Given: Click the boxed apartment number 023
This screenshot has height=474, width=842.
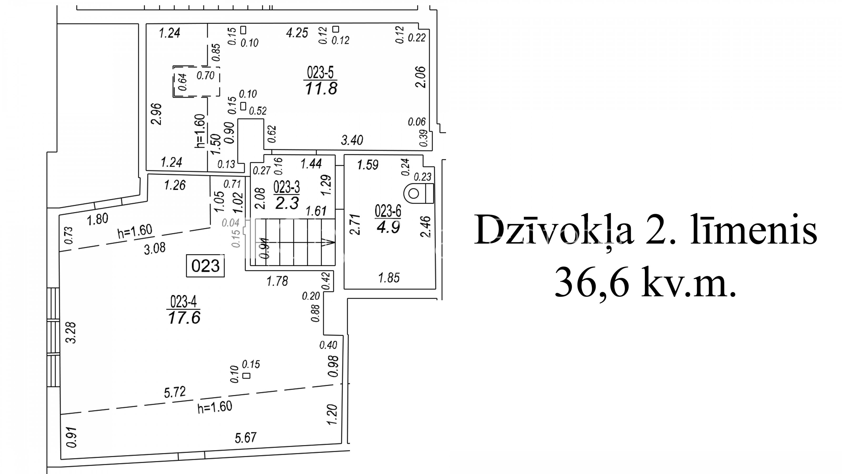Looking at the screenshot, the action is [x=205, y=266].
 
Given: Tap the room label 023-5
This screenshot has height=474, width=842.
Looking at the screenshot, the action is [x=320, y=72].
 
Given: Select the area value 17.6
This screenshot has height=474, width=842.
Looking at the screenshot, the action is [x=184, y=318].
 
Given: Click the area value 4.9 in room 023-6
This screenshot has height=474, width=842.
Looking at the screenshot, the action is [x=388, y=227].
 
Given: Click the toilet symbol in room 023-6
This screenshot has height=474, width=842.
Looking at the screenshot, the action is [x=419, y=194].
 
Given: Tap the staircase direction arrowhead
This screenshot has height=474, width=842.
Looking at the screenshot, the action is [x=328, y=242].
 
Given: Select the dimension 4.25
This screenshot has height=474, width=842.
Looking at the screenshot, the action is [x=297, y=33].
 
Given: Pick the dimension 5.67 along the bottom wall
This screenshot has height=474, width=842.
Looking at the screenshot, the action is [x=245, y=438].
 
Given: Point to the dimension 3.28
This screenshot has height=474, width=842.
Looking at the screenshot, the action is [x=71, y=332].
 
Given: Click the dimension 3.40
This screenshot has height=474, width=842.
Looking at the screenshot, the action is [x=352, y=140].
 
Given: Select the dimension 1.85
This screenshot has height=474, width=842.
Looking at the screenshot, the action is [x=389, y=278].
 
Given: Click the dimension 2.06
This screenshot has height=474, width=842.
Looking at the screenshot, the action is [x=420, y=77].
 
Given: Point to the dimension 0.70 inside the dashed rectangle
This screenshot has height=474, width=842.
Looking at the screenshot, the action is [x=205, y=76].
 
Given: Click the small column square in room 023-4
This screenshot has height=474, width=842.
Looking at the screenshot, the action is [x=247, y=376].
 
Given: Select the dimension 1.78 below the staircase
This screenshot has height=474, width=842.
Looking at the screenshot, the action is [x=277, y=281].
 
